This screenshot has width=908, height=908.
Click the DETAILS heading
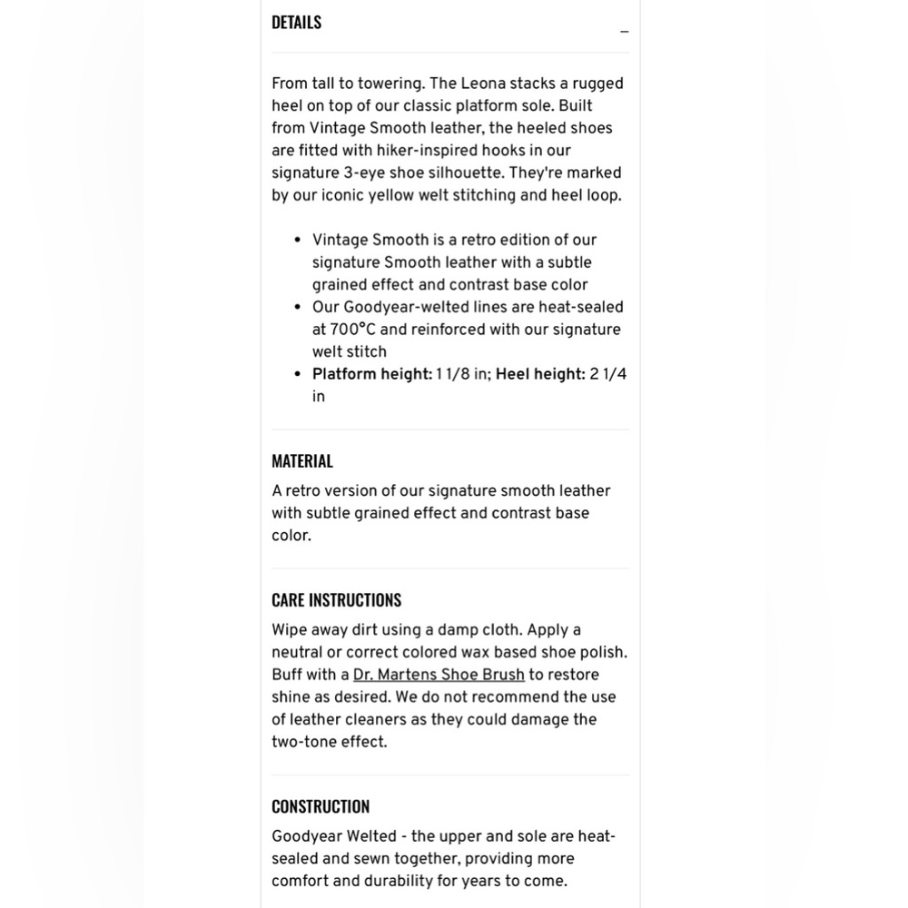(296, 23)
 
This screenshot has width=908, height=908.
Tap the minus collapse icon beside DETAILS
(624, 32)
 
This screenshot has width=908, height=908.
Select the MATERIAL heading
(301, 461)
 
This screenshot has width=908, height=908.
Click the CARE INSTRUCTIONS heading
(336, 600)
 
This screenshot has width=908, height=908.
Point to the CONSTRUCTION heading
(320, 806)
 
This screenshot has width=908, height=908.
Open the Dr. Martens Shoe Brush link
(439, 675)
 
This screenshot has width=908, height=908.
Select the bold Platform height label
(372, 374)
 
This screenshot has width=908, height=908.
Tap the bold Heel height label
(540, 374)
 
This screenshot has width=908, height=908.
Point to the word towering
(390, 84)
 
